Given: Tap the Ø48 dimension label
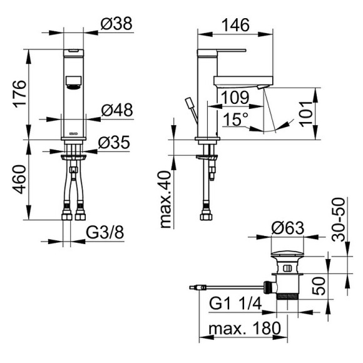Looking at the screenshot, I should tap(116, 110).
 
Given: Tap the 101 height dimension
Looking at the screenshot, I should tap(309, 113).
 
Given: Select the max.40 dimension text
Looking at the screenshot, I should tap(166, 199).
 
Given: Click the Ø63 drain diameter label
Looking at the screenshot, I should tap(288, 230).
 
